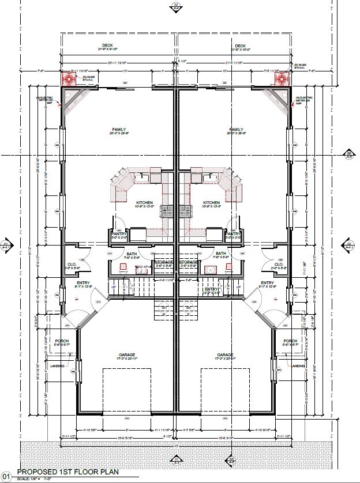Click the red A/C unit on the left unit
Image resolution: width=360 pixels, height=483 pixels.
pos(69,78)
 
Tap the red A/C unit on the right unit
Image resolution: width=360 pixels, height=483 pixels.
pos(282,78)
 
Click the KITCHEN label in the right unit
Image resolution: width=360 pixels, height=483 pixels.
pos(211,203)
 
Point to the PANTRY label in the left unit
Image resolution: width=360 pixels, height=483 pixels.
pos(119,233)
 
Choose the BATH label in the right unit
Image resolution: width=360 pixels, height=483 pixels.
pos(221,253)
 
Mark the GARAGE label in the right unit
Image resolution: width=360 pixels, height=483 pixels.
pos(225,355)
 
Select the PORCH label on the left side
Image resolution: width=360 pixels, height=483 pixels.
pos(62,341)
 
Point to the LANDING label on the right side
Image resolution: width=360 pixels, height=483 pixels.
pos(298,366)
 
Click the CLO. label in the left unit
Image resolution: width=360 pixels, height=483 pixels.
pos(72,265)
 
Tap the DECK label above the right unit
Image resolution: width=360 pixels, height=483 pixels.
pos(240,46)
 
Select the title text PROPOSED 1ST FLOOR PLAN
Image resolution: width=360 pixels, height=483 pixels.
pos(67,471)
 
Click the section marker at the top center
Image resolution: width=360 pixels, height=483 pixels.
pos(176,7)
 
